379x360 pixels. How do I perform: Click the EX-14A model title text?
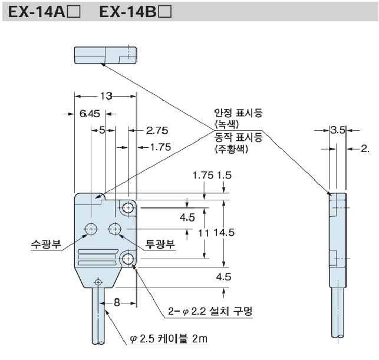pyautogui.click(x=41, y=12)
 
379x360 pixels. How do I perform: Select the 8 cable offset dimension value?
pyautogui.click(x=117, y=303)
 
